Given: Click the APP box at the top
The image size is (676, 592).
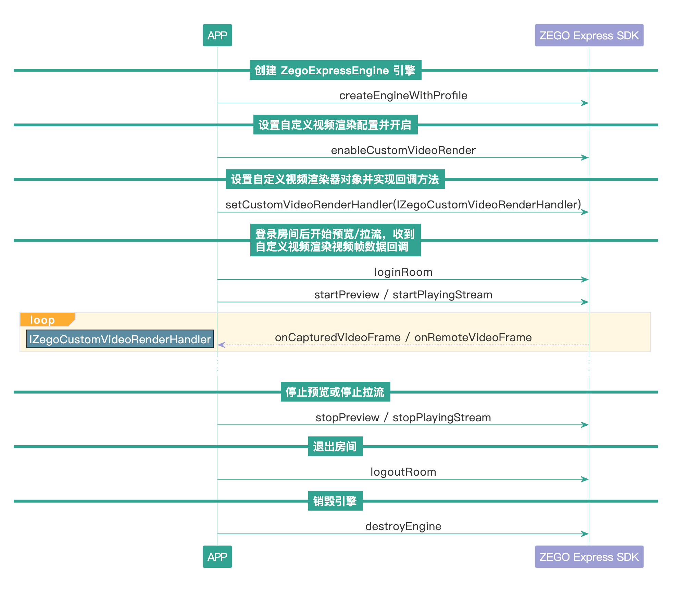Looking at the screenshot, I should coord(217,35).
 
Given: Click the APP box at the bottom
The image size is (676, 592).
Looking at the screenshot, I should coord(217,557).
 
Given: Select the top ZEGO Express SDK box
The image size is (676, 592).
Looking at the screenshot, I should coord(589,35).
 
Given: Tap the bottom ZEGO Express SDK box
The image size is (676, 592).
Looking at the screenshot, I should coord(589,557).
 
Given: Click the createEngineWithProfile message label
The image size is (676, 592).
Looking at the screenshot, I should coord(403,95).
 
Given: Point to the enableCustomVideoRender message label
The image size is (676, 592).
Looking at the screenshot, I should coord(403,150).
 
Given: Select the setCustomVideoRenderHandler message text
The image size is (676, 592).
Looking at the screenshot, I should coord(403,205).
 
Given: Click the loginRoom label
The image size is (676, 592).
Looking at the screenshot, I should coord(403,272).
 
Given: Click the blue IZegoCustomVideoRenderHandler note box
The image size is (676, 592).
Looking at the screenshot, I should coord(120,339).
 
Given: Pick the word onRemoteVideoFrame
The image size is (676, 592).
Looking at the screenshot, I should coord(473,337).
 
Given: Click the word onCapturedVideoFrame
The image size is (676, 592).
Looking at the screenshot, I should coord(338,337).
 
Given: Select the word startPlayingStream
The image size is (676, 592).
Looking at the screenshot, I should coord(442,295).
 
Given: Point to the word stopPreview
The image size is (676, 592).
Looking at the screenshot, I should coord(347,417).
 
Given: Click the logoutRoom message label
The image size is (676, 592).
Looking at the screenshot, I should coord(403,472).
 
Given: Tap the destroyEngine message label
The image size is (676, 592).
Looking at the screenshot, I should coord(403,526).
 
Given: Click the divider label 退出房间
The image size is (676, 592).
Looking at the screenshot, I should coord(335,447).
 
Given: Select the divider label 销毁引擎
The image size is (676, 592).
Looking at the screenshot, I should coord(335,501).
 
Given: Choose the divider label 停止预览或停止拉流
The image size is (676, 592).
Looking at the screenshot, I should coord(335,392).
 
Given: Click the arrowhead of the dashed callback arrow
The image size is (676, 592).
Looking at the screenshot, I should coord(221,345).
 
